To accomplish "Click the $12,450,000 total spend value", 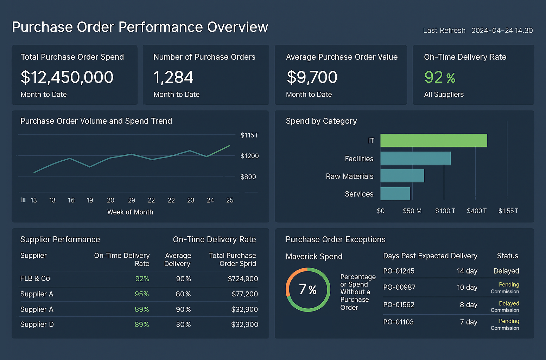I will [x=67, y=77].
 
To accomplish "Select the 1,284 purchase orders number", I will [x=173, y=77].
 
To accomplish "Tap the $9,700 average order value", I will [x=312, y=77].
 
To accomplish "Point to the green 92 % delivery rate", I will [x=439, y=77].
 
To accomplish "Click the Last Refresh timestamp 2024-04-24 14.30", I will [x=502, y=31].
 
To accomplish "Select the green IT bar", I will [x=433, y=140].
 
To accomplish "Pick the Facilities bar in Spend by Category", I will [x=415, y=158].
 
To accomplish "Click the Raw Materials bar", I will [x=402, y=176].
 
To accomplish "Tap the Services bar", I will [x=395, y=194].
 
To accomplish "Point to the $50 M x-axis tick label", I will [x=412, y=211].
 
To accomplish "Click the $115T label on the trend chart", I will [x=249, y=135].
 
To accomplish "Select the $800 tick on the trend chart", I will [x=248, y=177].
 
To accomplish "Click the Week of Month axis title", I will [x=130, y=212].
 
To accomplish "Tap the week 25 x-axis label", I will [x=229, y=200].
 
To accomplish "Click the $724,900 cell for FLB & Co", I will [x=243, y=279].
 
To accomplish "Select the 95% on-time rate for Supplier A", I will [x=142, y=294].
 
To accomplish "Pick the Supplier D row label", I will [x=37, y=324].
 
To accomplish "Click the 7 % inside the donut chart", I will [x=308, y=290].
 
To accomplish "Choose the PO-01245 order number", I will [x=399, y=271].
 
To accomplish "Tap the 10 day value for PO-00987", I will [x=467, y=287].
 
